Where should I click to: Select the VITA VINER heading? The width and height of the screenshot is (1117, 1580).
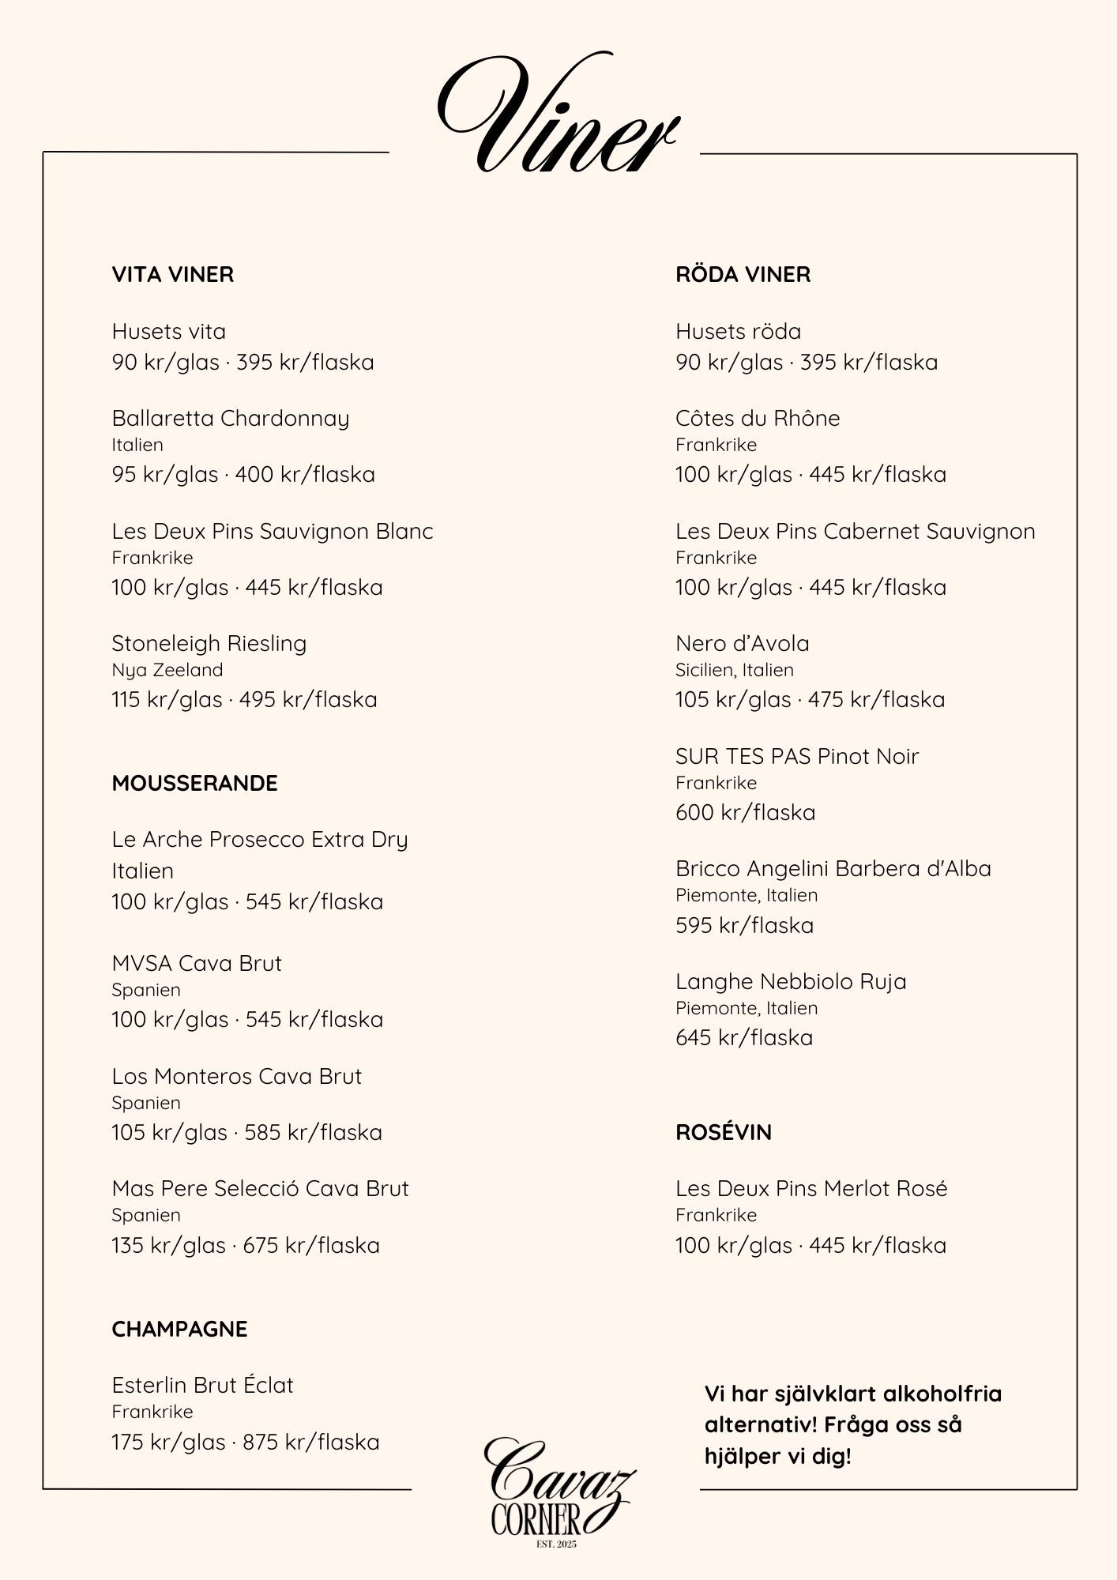pyautogui.click(x=173, y=275)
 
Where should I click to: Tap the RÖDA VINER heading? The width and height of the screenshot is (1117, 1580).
pyautogui.click(x=743, y=275)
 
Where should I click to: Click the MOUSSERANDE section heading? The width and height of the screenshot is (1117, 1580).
pyautogui.click(x=194, y=784)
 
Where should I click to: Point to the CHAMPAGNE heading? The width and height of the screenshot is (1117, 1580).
pyautogui.click(x=179, y=1330)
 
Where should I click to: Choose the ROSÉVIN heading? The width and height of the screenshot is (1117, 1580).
pyautogui.click(x=723, y=1133)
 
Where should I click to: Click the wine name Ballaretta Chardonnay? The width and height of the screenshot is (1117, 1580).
pyautogui.click(x=230, y=419)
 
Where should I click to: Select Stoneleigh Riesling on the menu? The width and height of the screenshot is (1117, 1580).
pyautogui.click(x=209, y=644)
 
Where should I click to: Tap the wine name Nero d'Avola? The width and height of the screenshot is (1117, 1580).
pyautogui.click(x=742, y=644)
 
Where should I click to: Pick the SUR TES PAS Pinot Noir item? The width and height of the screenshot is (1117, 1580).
pyautogui.click(x=796, y=757)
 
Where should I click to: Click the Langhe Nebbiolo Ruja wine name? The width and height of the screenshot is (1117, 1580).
pyautogui.click(x=790, y=982)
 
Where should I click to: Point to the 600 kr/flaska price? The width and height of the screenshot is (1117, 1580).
pyautogui.click(x=745, y=813)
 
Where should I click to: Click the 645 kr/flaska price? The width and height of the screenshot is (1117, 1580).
pyautogui.click(x=743, y=1038)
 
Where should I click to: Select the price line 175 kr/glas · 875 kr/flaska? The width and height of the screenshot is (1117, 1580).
pyautogui.click(x=245, y=1443)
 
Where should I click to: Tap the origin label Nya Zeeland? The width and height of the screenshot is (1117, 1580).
pyautogui.click(x=167, y=671)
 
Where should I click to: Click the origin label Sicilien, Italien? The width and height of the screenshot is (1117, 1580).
pyautogui.click(x=734, y=671)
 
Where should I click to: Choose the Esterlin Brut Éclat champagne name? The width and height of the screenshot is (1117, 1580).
pyautogui.click(x=202, y=1386)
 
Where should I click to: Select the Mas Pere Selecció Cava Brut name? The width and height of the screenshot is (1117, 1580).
pyautogui.click(x=260, y=1189)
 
